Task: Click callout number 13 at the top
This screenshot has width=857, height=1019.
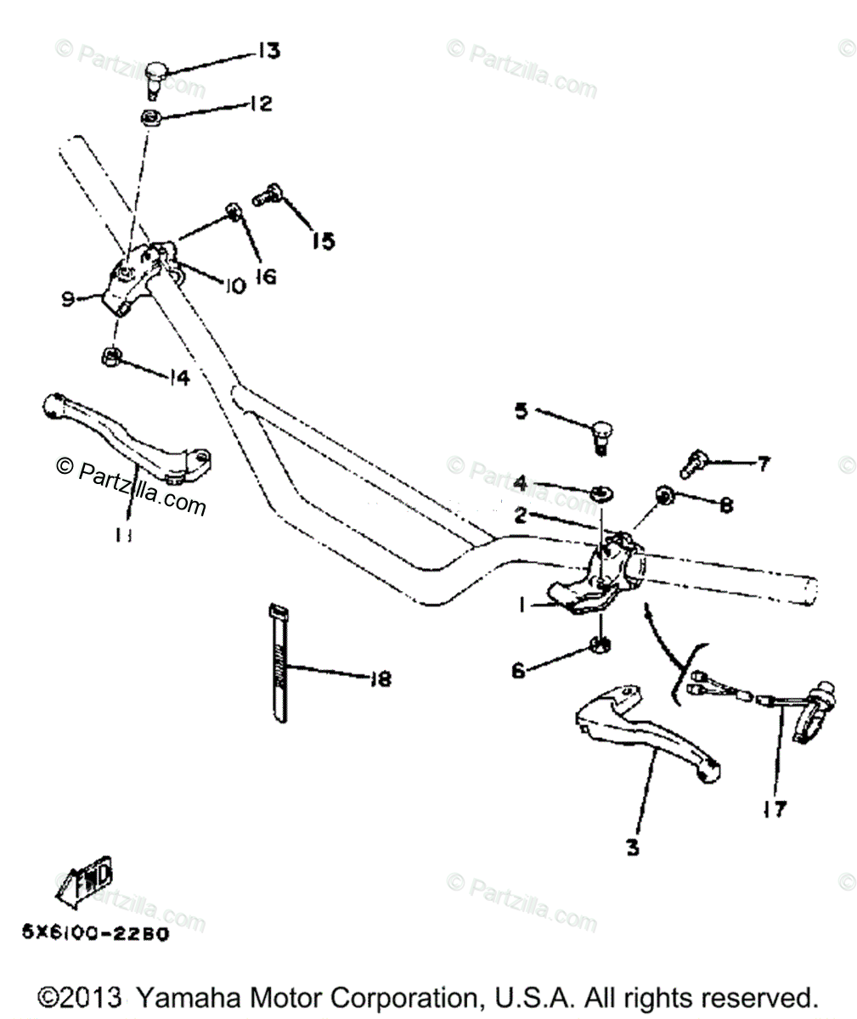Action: pyautogui.click(x=268, y=52)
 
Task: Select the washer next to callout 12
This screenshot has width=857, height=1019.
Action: pyautogui.click(x=151, y=116)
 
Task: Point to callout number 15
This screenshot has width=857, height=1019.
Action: pyautogui.click(x=322, y=241)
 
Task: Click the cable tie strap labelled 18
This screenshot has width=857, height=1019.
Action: pyautogui.click(x=278, y=662)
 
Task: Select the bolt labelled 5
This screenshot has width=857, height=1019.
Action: pyautogui.click(x=600, y=436)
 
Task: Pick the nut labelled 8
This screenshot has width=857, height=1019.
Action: pyautogui.click(x=665, y=494)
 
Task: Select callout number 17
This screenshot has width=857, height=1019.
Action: pyautogui.click(x=774, y=810)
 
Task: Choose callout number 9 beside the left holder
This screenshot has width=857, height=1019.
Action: pyautogui.click(x=69, y=297)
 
